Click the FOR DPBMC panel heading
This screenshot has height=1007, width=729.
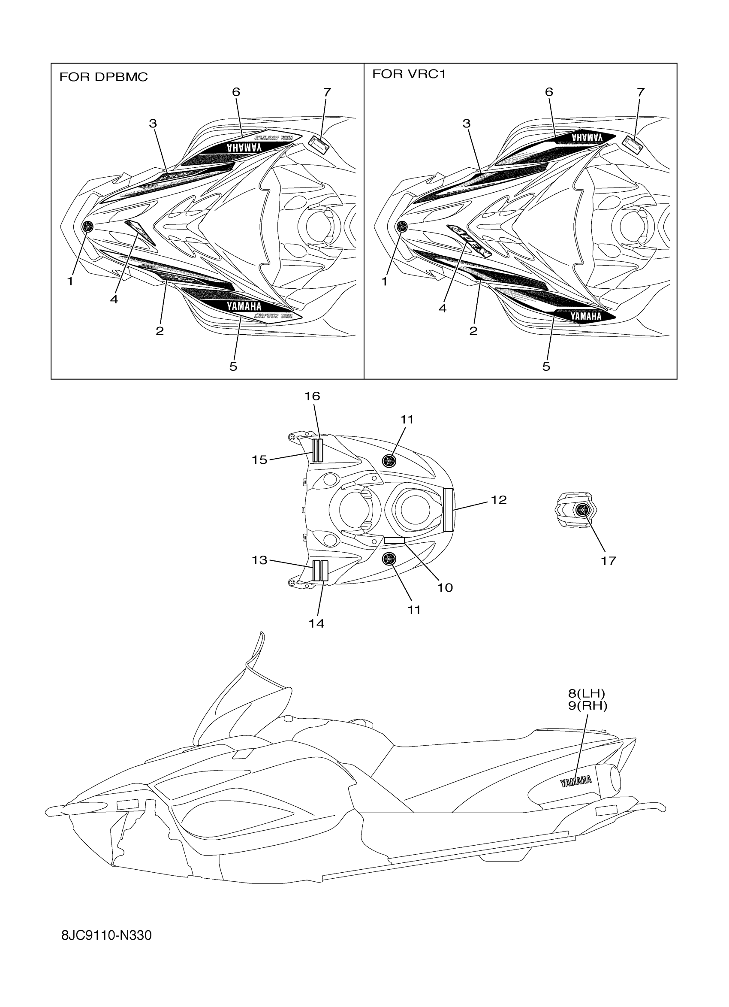pyautogui.click(x=103, y=77)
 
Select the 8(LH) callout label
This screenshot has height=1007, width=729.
pyautogui.click(x=587, y=693)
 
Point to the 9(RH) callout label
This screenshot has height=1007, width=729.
pyautogui.click(x=587, y=705)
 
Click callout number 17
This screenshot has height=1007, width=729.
pyautogui.click(x=609, y=561)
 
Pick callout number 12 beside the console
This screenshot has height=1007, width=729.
pyautogui.click(x=499, y=500)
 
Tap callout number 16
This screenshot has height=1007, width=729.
pyautogui.click(x=312, y=396)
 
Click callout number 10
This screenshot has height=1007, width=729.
pyautogui.click(x=445, y=587)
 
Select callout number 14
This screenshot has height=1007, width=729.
pyautogui.click(x=316, y=623)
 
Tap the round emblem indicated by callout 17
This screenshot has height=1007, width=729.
pyautogui.click(x=581, y=510)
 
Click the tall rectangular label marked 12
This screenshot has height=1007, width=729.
pyautogui.click(x=448, y=509)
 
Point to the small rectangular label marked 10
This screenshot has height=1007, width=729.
pyautogui.click(x=394, y=540)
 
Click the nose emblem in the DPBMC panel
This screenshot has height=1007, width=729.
pyautogui.click(x=88, y=227)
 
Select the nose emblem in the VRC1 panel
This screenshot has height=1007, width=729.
pyautogui.click(x=402, y=227)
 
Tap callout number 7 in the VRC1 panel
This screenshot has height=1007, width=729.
pyautogui.click(x=640, y=92)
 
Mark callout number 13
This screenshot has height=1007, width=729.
pyautogui.click(x=259, y=560)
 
